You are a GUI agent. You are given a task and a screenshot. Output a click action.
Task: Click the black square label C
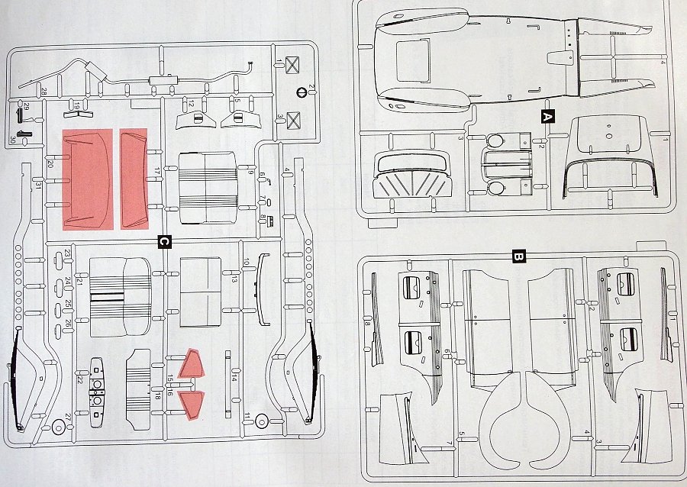(163, 242)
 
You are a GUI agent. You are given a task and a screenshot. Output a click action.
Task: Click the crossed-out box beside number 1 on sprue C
(292, 65)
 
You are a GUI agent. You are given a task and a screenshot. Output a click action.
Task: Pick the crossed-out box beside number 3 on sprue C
(292, 118)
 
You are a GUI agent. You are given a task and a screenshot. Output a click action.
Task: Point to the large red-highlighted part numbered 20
(87, 179)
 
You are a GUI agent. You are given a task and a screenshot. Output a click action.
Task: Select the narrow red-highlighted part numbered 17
(133, 179)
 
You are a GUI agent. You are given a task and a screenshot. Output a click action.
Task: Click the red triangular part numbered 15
(192, 365)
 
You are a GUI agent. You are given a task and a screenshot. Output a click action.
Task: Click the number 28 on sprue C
(44, 92)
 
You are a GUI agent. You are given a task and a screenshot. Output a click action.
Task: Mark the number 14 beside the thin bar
(234, 378)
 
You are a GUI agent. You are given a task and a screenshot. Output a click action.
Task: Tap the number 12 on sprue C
(192, 103)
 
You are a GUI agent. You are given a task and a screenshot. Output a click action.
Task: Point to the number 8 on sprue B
(367, 324)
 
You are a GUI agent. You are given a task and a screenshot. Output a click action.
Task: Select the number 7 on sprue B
(448, 443)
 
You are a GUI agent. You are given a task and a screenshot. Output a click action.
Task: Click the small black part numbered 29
(18, 116)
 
